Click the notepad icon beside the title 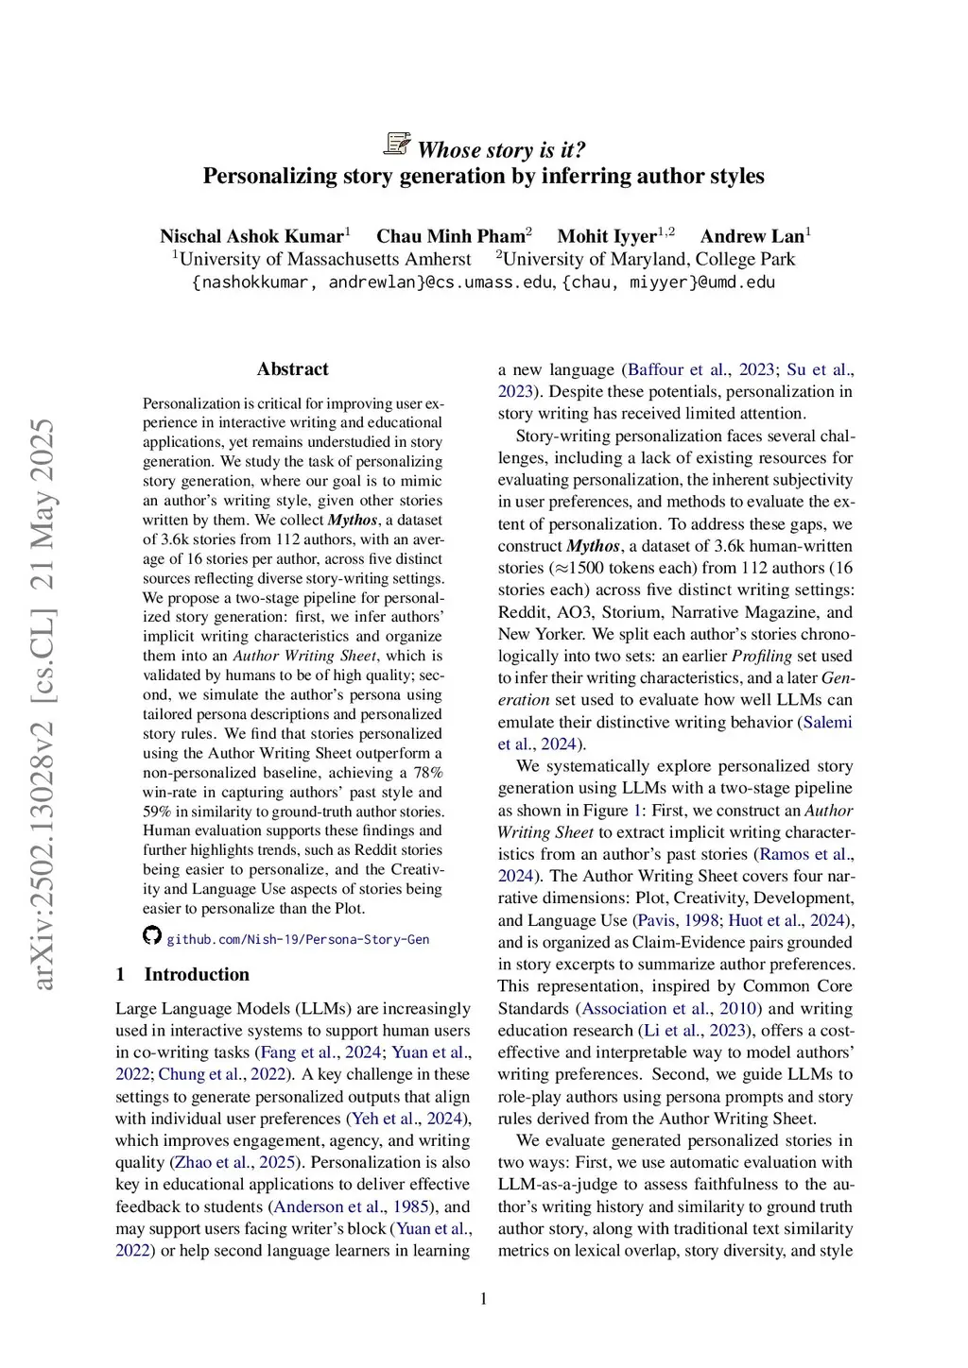coord(397,145)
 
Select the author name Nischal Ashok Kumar coord(251,236)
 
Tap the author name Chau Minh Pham coord(450,236)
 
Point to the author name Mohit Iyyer coord(606,236)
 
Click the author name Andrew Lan coord(752,236)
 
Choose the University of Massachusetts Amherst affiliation coord(324,259)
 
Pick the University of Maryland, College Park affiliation coord(648,259)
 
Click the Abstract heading coord(293,369)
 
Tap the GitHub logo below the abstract coord(152,935)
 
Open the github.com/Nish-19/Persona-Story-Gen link coord(298,939)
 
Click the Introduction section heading coord(197,974)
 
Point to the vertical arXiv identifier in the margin coord(43,704)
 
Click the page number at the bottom coord(484,1299)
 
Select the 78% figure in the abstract coord(428,773)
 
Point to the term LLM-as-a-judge coord(557,1185)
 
